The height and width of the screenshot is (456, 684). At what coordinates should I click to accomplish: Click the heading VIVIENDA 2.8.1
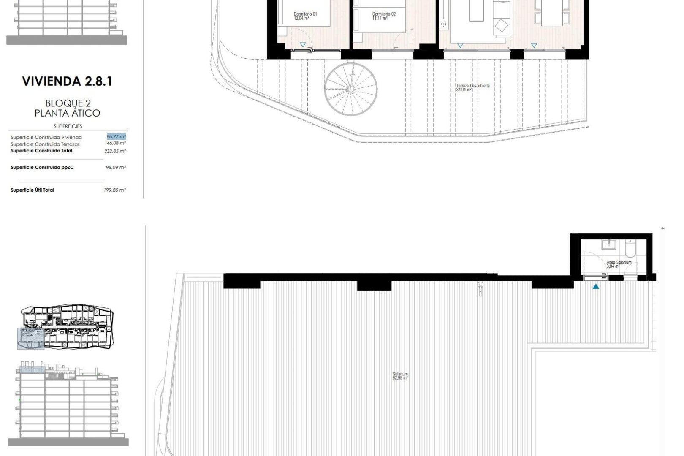(x=67, y=81)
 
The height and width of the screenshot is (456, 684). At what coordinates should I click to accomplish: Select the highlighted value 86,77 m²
(x=117, y=137)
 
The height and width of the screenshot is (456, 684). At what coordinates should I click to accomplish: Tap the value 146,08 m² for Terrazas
(x=115, y=144)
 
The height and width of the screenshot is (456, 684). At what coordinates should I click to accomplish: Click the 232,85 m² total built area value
(x=115, y=151)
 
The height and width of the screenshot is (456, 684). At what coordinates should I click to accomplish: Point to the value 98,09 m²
(x=116, y=167)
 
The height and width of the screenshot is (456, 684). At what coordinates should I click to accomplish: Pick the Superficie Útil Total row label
(x=32, y=190)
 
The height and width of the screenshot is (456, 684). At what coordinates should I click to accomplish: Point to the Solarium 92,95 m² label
(x=400, y=376)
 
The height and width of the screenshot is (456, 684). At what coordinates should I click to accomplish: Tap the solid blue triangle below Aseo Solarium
(x=596, y=287)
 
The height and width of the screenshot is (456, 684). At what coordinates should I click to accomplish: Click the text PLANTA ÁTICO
(x=67, y=113)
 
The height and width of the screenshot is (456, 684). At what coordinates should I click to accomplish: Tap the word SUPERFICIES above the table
(x=68, y=126)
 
